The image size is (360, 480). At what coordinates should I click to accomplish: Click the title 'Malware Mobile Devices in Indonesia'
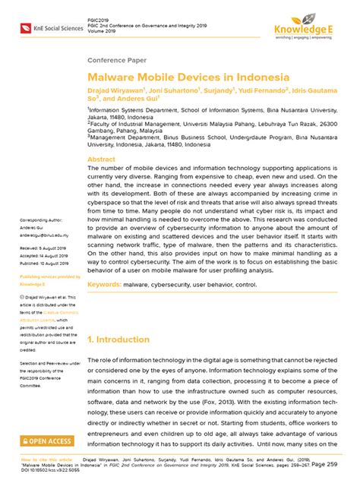tap(188, 77)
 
